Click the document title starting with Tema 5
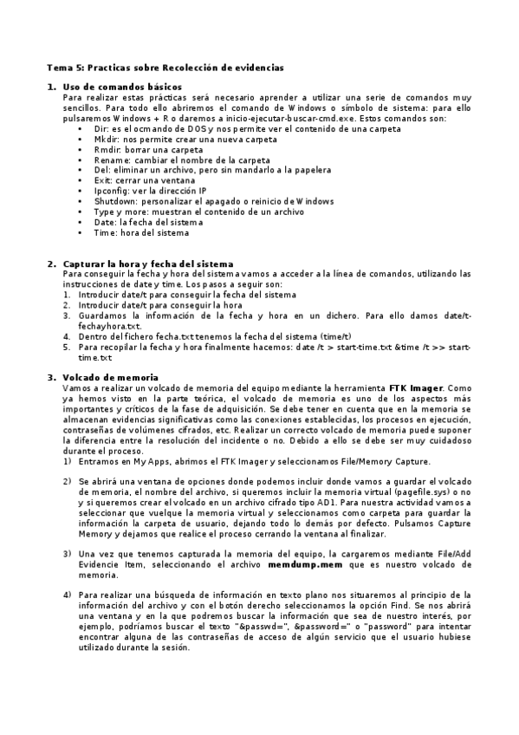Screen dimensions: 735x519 click(165, 67)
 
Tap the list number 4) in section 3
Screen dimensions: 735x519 click(67, 594)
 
